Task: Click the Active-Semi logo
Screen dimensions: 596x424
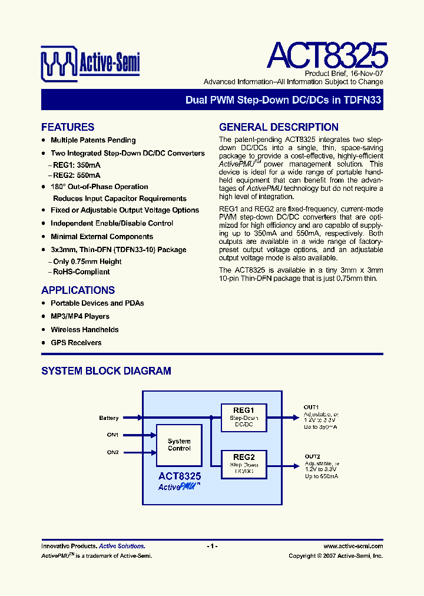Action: point(90,62)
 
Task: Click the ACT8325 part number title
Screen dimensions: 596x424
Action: point(327,55)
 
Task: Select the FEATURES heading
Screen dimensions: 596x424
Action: point(68,127)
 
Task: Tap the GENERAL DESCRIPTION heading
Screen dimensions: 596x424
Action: point(279,127)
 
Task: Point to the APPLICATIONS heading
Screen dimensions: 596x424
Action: point(78,290)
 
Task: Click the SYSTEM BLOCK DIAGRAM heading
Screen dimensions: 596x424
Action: point(106,371)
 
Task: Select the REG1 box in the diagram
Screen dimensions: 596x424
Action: point(243,417)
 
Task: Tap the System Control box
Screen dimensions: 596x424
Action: point(179,445)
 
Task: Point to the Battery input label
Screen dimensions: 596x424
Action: point(109,418)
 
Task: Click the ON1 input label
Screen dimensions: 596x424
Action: point(112,435)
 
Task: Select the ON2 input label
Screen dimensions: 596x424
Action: point(112,452)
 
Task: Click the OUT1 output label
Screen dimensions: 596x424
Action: point(312,408)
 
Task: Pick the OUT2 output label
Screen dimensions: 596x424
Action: point(312,456)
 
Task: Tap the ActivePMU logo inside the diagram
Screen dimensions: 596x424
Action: point(179,487)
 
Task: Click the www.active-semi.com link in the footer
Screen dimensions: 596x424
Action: point(353,547)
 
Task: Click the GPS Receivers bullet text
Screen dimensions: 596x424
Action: point(76,343)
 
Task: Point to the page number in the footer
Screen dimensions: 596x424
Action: point(213,547)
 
